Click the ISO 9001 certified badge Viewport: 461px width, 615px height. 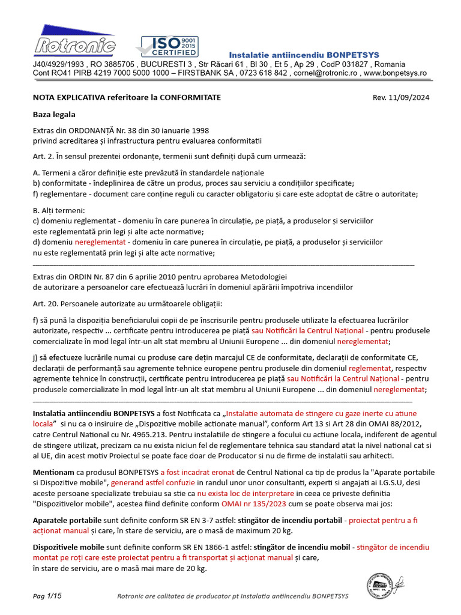[166, 46]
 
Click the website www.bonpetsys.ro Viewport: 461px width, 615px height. [395, 73]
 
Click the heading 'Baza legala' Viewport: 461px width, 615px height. [54, 114]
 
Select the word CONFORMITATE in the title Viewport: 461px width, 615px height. [190, 97]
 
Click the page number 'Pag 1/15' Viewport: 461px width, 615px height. [47, 596]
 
